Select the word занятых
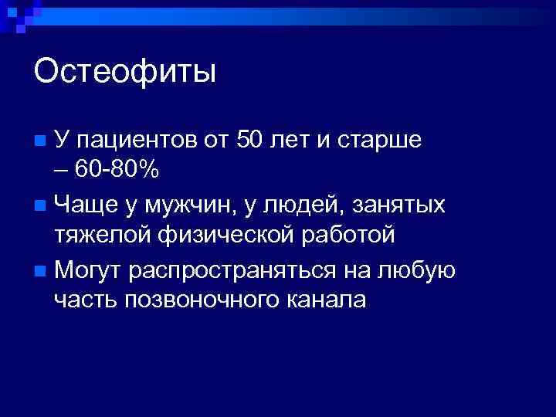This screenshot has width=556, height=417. tap(404, 207)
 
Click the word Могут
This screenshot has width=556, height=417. tap(89, 273)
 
